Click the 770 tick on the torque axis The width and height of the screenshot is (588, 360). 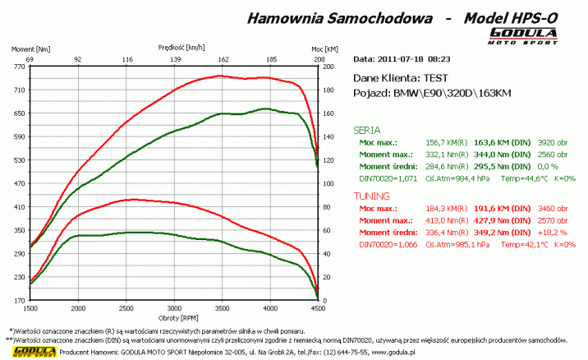(x=17, y=67)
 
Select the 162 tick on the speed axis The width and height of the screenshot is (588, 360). (x=223, y=60)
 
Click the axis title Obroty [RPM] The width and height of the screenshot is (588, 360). (x=173, y=317)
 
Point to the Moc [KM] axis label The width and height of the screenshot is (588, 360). (x=325, y=49)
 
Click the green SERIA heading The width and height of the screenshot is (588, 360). (x=366, y=130)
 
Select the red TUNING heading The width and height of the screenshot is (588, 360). (x=371, y=196)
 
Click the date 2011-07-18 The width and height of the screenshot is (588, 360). (x=403, y=59)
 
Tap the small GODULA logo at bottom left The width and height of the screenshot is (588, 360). (x=26, y=352)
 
